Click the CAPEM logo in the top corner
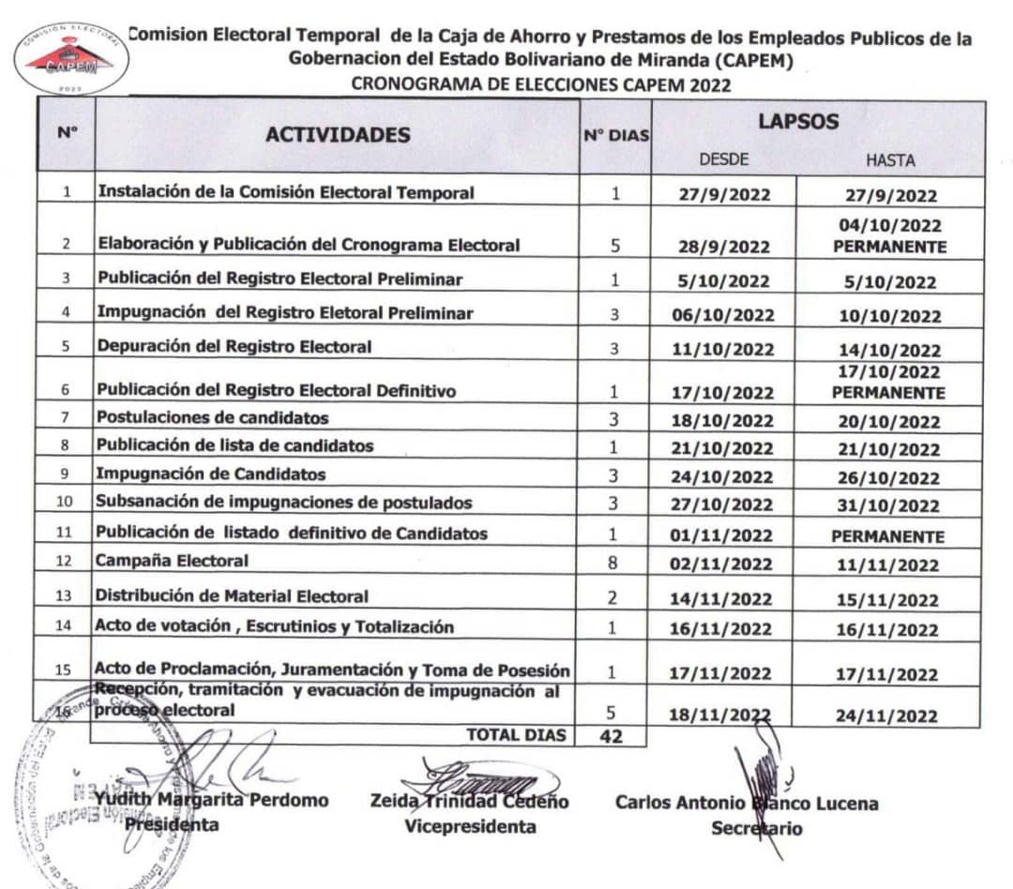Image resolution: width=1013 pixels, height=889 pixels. tap(71, 56)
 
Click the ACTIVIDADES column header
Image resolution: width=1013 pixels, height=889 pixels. tap(338, 134)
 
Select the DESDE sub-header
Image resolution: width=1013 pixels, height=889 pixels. tap(723, 159)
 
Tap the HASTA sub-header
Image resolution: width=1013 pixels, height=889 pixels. tap(890, 160)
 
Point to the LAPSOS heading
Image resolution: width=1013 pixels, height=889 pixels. tap(798, 122)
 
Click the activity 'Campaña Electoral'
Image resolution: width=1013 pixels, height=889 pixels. tap(172, 561)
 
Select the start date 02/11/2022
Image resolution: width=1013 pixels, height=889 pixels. tap(723, 565)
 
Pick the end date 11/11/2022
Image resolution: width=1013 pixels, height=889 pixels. tap(887, 565)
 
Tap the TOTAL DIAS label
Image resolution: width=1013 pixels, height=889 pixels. tap(517, 735)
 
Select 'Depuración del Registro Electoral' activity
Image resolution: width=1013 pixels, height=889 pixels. tap(234, 346)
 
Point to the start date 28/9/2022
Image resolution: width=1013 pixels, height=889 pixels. tap(723, 248)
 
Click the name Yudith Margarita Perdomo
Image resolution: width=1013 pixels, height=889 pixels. tap(212, 800)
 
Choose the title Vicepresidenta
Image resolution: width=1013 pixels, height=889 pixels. tap(470, 826)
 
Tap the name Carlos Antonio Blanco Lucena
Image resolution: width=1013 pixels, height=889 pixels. tap(747, 803)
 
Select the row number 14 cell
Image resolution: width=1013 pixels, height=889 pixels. tap(65, 628)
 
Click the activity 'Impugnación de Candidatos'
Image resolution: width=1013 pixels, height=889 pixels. tap(211, 475)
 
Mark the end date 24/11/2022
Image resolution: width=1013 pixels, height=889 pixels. tap(887, 716)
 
